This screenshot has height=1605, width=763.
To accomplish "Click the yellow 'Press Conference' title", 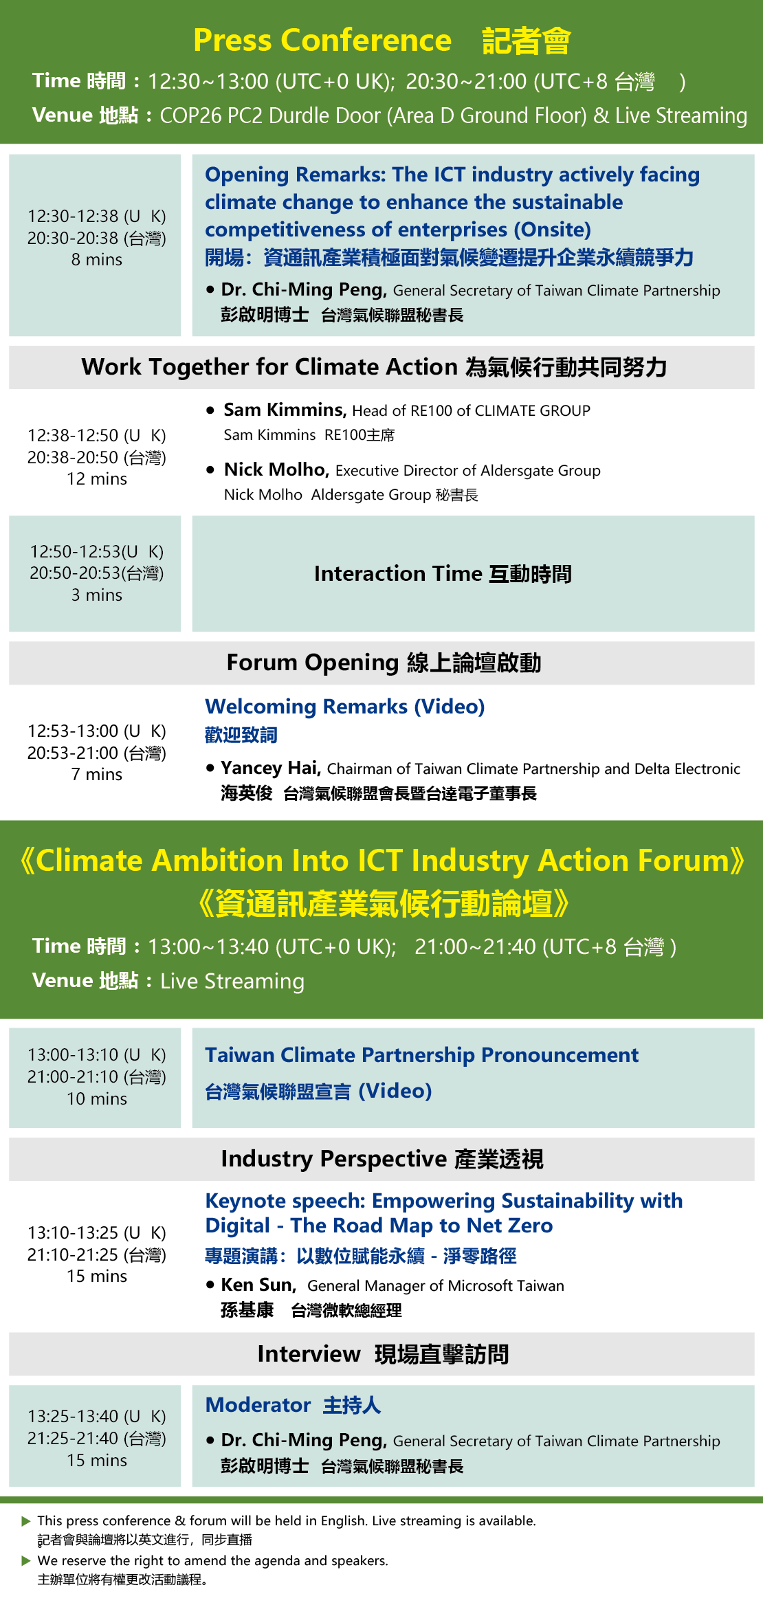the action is [322, 41].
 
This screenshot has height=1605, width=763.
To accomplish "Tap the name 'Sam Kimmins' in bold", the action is [284, 410].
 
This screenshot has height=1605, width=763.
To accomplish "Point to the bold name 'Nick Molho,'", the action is [277, 469].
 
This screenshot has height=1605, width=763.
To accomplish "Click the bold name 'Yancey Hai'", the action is [269, 768].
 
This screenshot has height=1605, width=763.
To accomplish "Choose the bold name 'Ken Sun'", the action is [257, 1285].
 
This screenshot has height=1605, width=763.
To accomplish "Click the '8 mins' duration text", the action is [97, 260].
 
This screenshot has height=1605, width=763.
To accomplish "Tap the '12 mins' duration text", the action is [97, 479].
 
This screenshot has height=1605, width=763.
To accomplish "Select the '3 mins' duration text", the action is [97, 595].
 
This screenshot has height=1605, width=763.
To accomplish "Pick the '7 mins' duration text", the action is [97, 775].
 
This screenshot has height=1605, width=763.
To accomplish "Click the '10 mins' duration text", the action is [97, 1099].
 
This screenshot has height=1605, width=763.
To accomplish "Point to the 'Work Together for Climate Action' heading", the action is [269, 367].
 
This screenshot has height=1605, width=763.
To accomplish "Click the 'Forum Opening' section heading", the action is [313, 663].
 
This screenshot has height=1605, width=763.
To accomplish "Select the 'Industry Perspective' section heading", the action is [334, 1159].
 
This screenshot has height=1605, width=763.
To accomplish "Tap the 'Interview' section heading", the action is [309, 1354].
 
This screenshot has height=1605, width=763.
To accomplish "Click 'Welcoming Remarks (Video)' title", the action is [345, 707].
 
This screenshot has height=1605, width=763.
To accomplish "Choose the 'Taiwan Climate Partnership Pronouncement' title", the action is [422, 1055].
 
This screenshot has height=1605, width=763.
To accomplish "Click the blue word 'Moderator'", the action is [258, 1405].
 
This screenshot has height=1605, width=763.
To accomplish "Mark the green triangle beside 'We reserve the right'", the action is [26, 1561].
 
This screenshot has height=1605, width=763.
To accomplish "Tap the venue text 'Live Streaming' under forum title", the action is [232, 981].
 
